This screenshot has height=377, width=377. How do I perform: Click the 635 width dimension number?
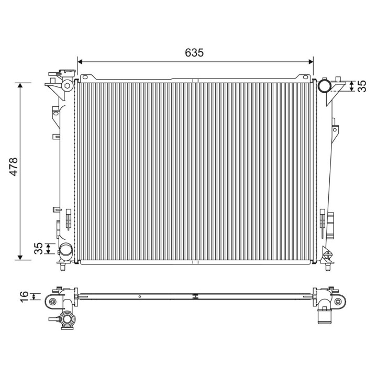tap(194, 52)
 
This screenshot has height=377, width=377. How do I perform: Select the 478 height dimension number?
tap(13, 167)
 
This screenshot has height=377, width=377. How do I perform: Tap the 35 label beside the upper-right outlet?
tap(362, 86)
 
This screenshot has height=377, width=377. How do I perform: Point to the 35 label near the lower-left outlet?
tap(38, 248)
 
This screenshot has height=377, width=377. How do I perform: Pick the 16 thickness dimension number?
tap(24, 297)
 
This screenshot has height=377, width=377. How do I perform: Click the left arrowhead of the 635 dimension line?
tap(80, 62)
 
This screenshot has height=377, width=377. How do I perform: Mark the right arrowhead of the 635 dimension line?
tap(311, 62)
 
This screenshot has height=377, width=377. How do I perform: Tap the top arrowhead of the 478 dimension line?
tap(20, 85)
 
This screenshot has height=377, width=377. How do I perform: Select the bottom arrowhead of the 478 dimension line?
tap(20, 257)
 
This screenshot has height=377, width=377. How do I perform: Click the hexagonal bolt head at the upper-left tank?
tap(68, 85)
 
